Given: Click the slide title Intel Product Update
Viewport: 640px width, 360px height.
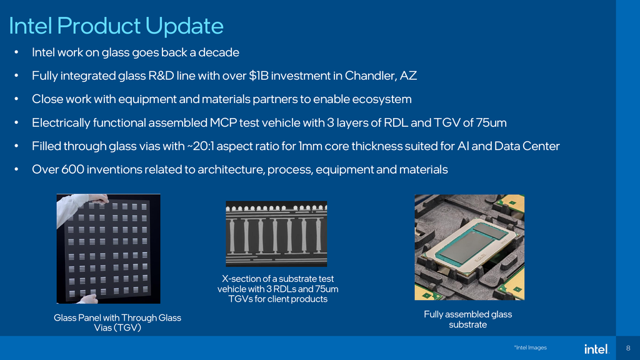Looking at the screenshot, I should pyautogui.click(x=116, y=26).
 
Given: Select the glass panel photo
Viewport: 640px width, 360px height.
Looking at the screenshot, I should pyautogui.click(x=108, y=248).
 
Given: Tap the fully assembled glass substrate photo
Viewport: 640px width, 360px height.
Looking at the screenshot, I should pyautogui.click(x=469, y=247).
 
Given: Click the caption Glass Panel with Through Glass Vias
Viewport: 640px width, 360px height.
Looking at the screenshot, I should pyautogui.click(x=117, y=322).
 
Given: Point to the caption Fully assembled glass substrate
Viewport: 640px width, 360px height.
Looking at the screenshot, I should pyautogui.click(x=467, y=319).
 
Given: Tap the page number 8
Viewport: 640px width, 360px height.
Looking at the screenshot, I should pyautogui.click(x=627, y=348).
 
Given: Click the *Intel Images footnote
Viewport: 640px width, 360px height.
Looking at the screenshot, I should pyautogui.click(x=529, y=347).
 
